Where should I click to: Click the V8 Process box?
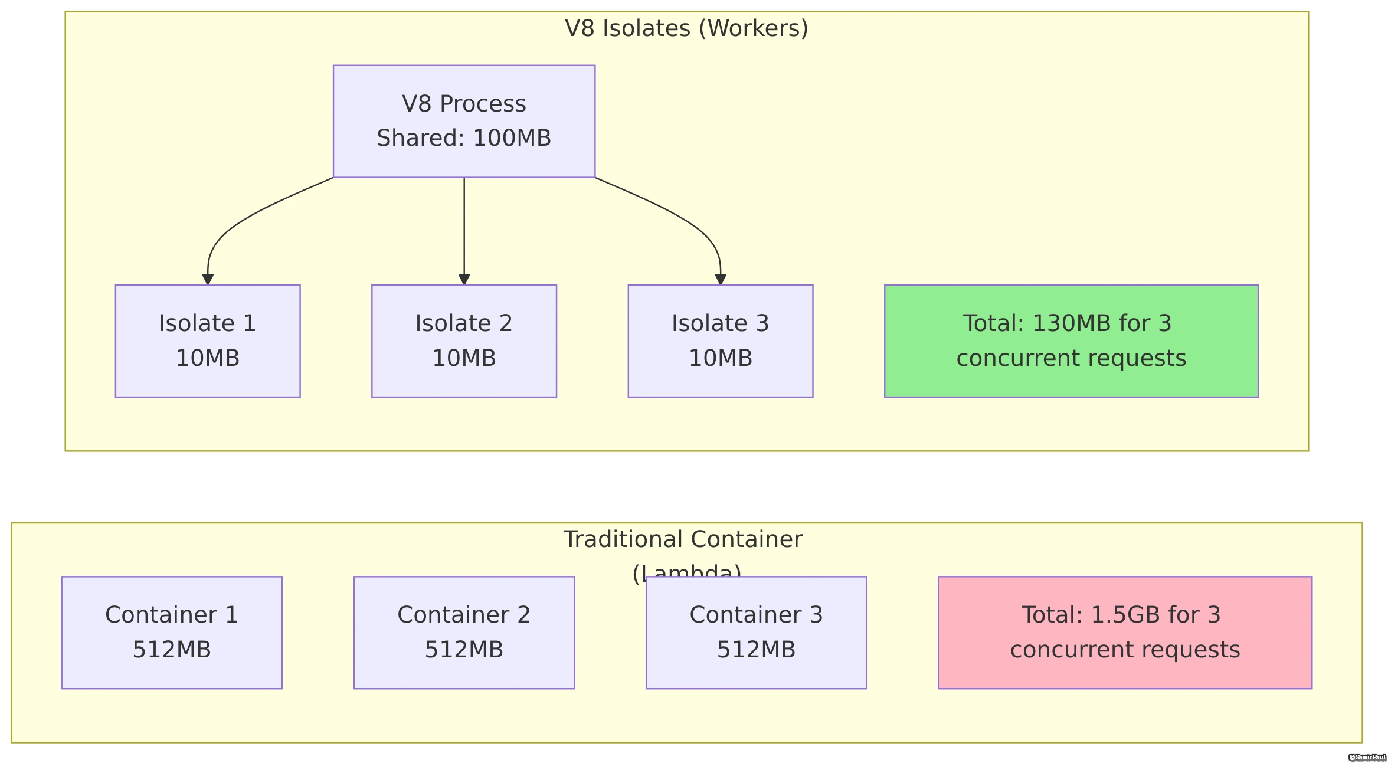tap(464, 121)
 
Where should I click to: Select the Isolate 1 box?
tap(208, 341)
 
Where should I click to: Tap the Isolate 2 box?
tap(464, 341)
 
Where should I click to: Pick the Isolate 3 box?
tap(720, 341)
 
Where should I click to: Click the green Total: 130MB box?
tap(1071, 341)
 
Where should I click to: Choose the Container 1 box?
tap(172, 632)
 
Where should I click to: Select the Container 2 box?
tap(464, 632)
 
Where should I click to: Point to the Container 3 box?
tap(756, 632)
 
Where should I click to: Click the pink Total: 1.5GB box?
tap(1125, 632)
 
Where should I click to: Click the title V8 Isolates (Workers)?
tap(686, 28)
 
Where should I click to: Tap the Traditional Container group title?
tap(683, 540)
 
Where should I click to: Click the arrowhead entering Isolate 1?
tap(208, 280)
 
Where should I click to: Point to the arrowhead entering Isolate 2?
tap(464, 280)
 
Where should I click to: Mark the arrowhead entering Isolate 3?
tap(720, 280)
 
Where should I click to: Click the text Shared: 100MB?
tap(464, 138)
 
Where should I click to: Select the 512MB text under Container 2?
tap(464, 650)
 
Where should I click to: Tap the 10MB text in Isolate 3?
tap(720, 358)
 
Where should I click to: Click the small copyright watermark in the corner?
tap(1367, 757)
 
